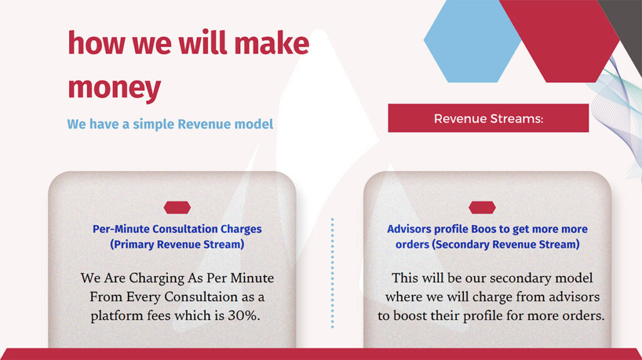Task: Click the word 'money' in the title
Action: [x=114, y=88]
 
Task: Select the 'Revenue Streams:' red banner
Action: [x=488, y=118]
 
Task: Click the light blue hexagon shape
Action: [x=472, y=41]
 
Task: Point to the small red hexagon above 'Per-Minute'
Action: [x=177, y=208]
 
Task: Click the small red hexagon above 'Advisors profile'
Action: [x=482, y=208]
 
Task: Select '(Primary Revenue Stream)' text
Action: [x=177, y=245]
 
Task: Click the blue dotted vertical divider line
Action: [x=332, y=273]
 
